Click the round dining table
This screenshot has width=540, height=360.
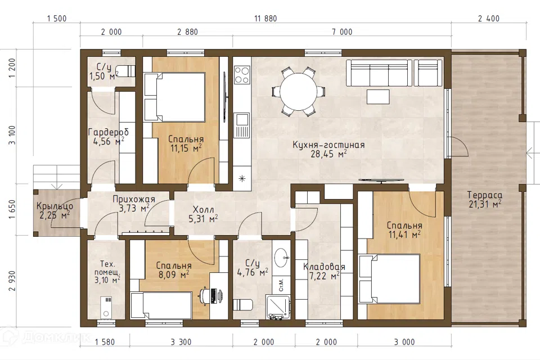click(298, 91)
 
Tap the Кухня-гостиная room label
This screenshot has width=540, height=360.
click(328, 145)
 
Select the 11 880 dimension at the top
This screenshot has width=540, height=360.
click(265, 19)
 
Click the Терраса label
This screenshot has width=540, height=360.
click(484, 195)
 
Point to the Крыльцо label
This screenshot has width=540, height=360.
click(55, 206)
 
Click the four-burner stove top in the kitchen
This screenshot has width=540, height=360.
click(242, 75)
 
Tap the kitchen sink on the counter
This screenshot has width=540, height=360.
click(242, 120)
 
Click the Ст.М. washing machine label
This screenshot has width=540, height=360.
click(281, 285)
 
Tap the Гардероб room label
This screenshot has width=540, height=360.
click(109, 132)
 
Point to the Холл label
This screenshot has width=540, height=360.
click(203, 209)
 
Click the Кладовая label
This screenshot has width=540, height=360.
click(324, 267)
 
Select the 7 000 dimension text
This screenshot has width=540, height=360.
click(342, 32)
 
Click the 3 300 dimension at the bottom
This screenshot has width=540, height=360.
click(181, 342)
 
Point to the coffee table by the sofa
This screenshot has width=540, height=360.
click(378, 96)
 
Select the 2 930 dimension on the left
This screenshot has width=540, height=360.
click(12, 281)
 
